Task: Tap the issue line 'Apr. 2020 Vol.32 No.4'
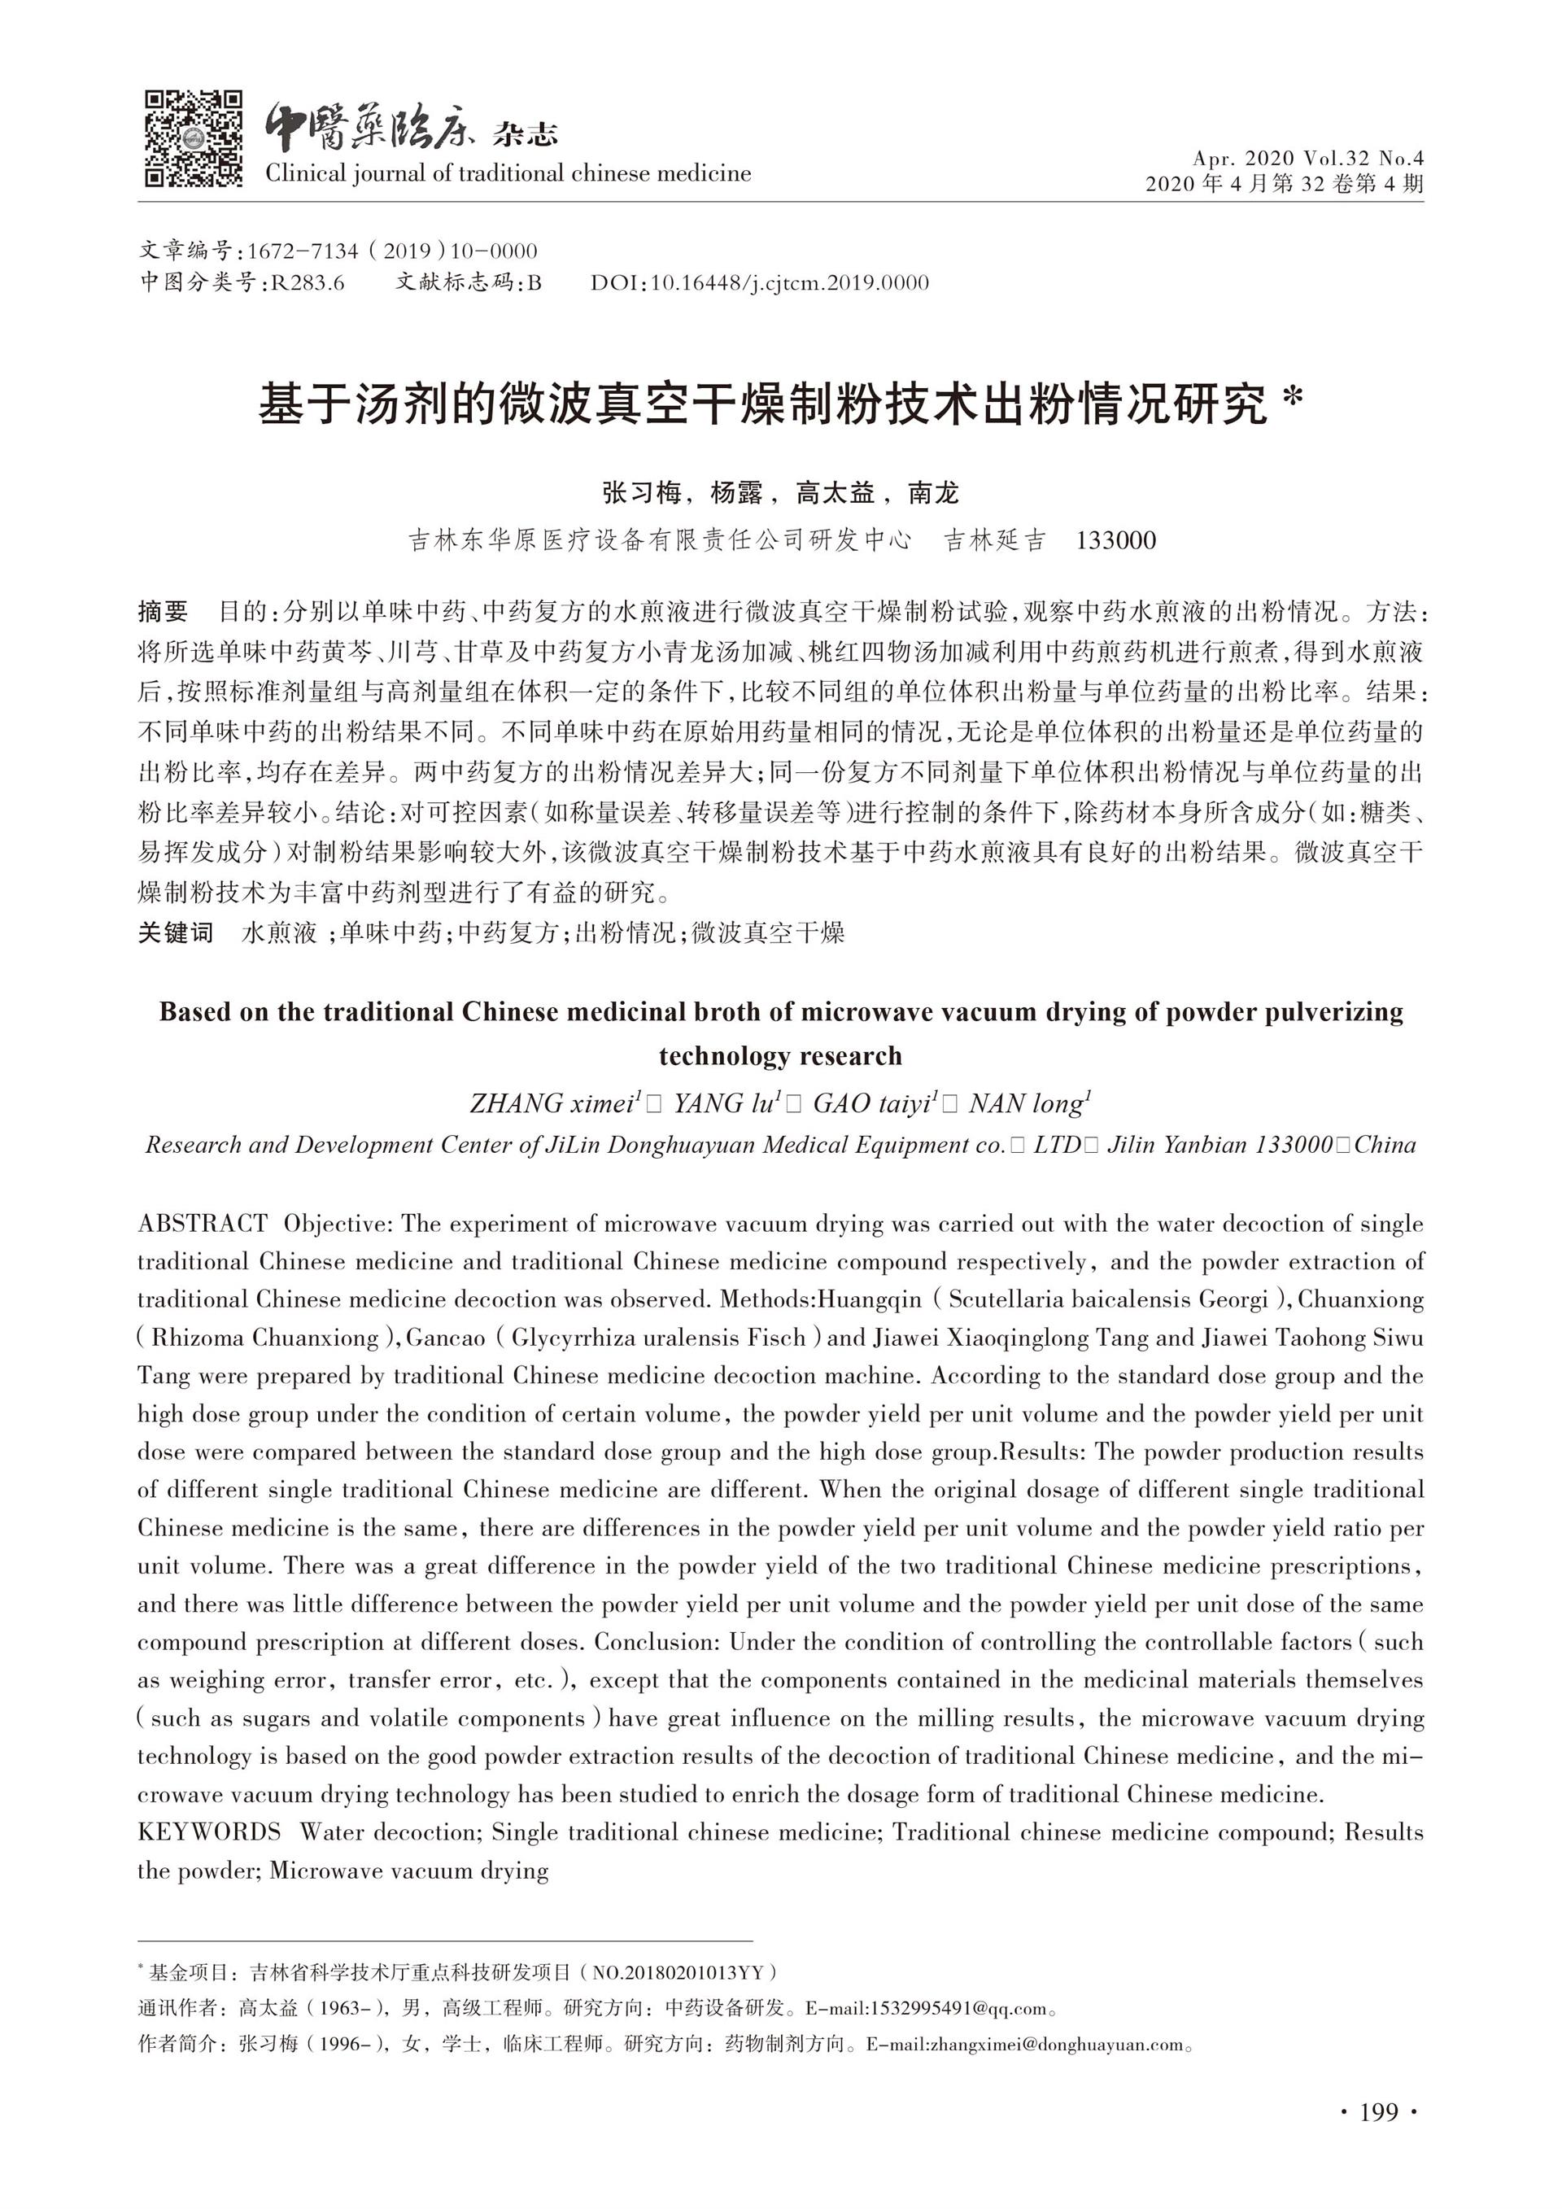coord(1307,158)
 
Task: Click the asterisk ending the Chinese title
coord(1294,400)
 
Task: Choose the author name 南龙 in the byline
coord(933,494)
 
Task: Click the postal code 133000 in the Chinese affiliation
coord(1115,541)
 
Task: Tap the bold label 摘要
coord(164,612)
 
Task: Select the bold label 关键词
coord(175,932)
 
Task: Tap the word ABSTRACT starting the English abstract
coord(203,1224)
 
